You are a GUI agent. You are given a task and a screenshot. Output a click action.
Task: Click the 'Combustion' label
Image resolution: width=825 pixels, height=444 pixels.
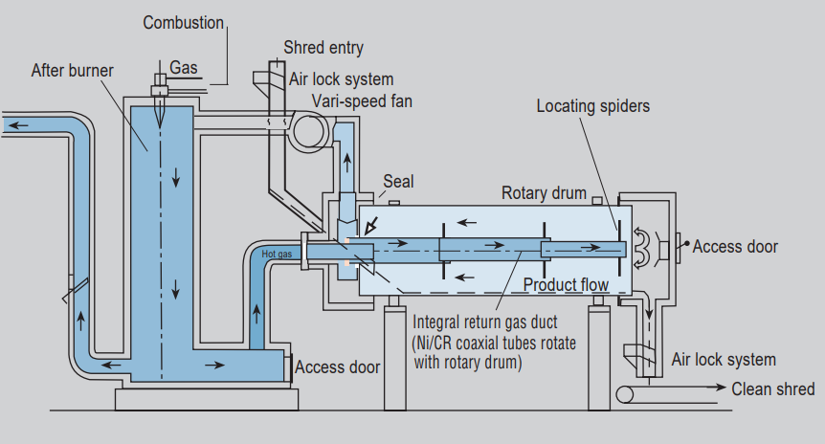(x=184, y=22)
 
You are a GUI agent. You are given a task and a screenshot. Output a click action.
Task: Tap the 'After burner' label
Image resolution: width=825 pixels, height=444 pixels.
(x=72, y=70)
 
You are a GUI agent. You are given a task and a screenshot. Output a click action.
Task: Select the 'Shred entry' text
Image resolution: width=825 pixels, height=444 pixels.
(x=323, y=48)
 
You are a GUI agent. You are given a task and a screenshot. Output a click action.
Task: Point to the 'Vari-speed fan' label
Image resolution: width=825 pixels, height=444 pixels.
(x=362, y=101)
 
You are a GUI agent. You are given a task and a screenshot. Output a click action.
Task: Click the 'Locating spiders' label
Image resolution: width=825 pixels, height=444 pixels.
(x=592, y=106)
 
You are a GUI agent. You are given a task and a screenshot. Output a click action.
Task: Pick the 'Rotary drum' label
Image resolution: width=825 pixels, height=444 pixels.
(x=544, y=193)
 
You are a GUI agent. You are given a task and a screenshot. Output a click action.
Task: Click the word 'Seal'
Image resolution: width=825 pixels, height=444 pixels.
(x=398, y=181)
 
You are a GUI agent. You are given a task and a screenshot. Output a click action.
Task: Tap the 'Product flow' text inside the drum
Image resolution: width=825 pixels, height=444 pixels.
(x=566, y=285)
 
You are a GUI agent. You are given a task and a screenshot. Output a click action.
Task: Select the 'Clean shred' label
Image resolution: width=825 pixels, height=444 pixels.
(x=773, y=388)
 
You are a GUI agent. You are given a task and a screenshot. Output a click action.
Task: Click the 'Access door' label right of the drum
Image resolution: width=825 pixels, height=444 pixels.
(x=735, y=247)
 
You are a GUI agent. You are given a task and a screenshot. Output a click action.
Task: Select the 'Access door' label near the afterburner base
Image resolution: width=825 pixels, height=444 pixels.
(x=337, y=366)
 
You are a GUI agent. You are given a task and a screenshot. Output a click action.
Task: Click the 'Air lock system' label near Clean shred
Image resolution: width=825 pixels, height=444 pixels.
(x=723, y=360)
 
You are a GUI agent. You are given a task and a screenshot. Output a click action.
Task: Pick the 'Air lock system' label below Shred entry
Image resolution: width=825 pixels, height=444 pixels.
(x=341, y=79)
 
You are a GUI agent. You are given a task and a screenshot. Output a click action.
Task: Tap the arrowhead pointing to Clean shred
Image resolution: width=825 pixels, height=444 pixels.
(x=719, y=388)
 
